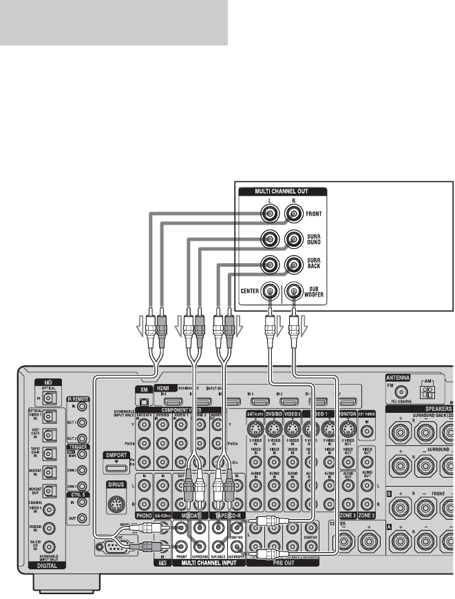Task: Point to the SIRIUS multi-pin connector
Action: pyautogui.click(x=116, y=501)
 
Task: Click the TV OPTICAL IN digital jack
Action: pyautogui.click(x=48, y=398)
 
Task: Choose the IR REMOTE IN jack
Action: pyautogui.click(x=82, y=407)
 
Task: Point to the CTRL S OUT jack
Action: pyautogui.click(x=82, y=518)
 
